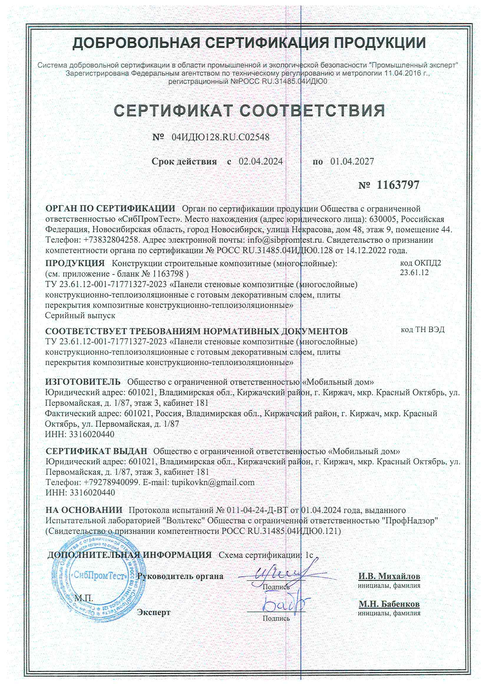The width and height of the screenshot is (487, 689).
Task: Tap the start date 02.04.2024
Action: click(x=260, y=161)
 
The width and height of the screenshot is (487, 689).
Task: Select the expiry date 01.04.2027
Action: click(x=352, y=161)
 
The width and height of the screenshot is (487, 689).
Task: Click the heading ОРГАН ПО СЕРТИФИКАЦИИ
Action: click(x=110, y=208)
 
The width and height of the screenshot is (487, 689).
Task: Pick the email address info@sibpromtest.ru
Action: click(x=285, y=240)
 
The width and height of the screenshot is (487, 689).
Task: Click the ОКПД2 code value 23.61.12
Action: click(x=414, y=273)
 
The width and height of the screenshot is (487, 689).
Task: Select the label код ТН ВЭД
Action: click(x=422, y=330)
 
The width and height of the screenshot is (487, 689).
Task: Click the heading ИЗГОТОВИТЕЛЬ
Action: click(x=83, y=382)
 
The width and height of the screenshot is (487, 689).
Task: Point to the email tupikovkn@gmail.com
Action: click(x=213, y=482)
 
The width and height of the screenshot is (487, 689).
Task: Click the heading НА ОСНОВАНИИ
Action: click(x=84, y=510)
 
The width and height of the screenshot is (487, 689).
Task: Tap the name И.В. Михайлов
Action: click(x=389, y=576)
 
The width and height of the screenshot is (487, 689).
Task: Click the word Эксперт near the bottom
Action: click(x=153, y=612)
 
